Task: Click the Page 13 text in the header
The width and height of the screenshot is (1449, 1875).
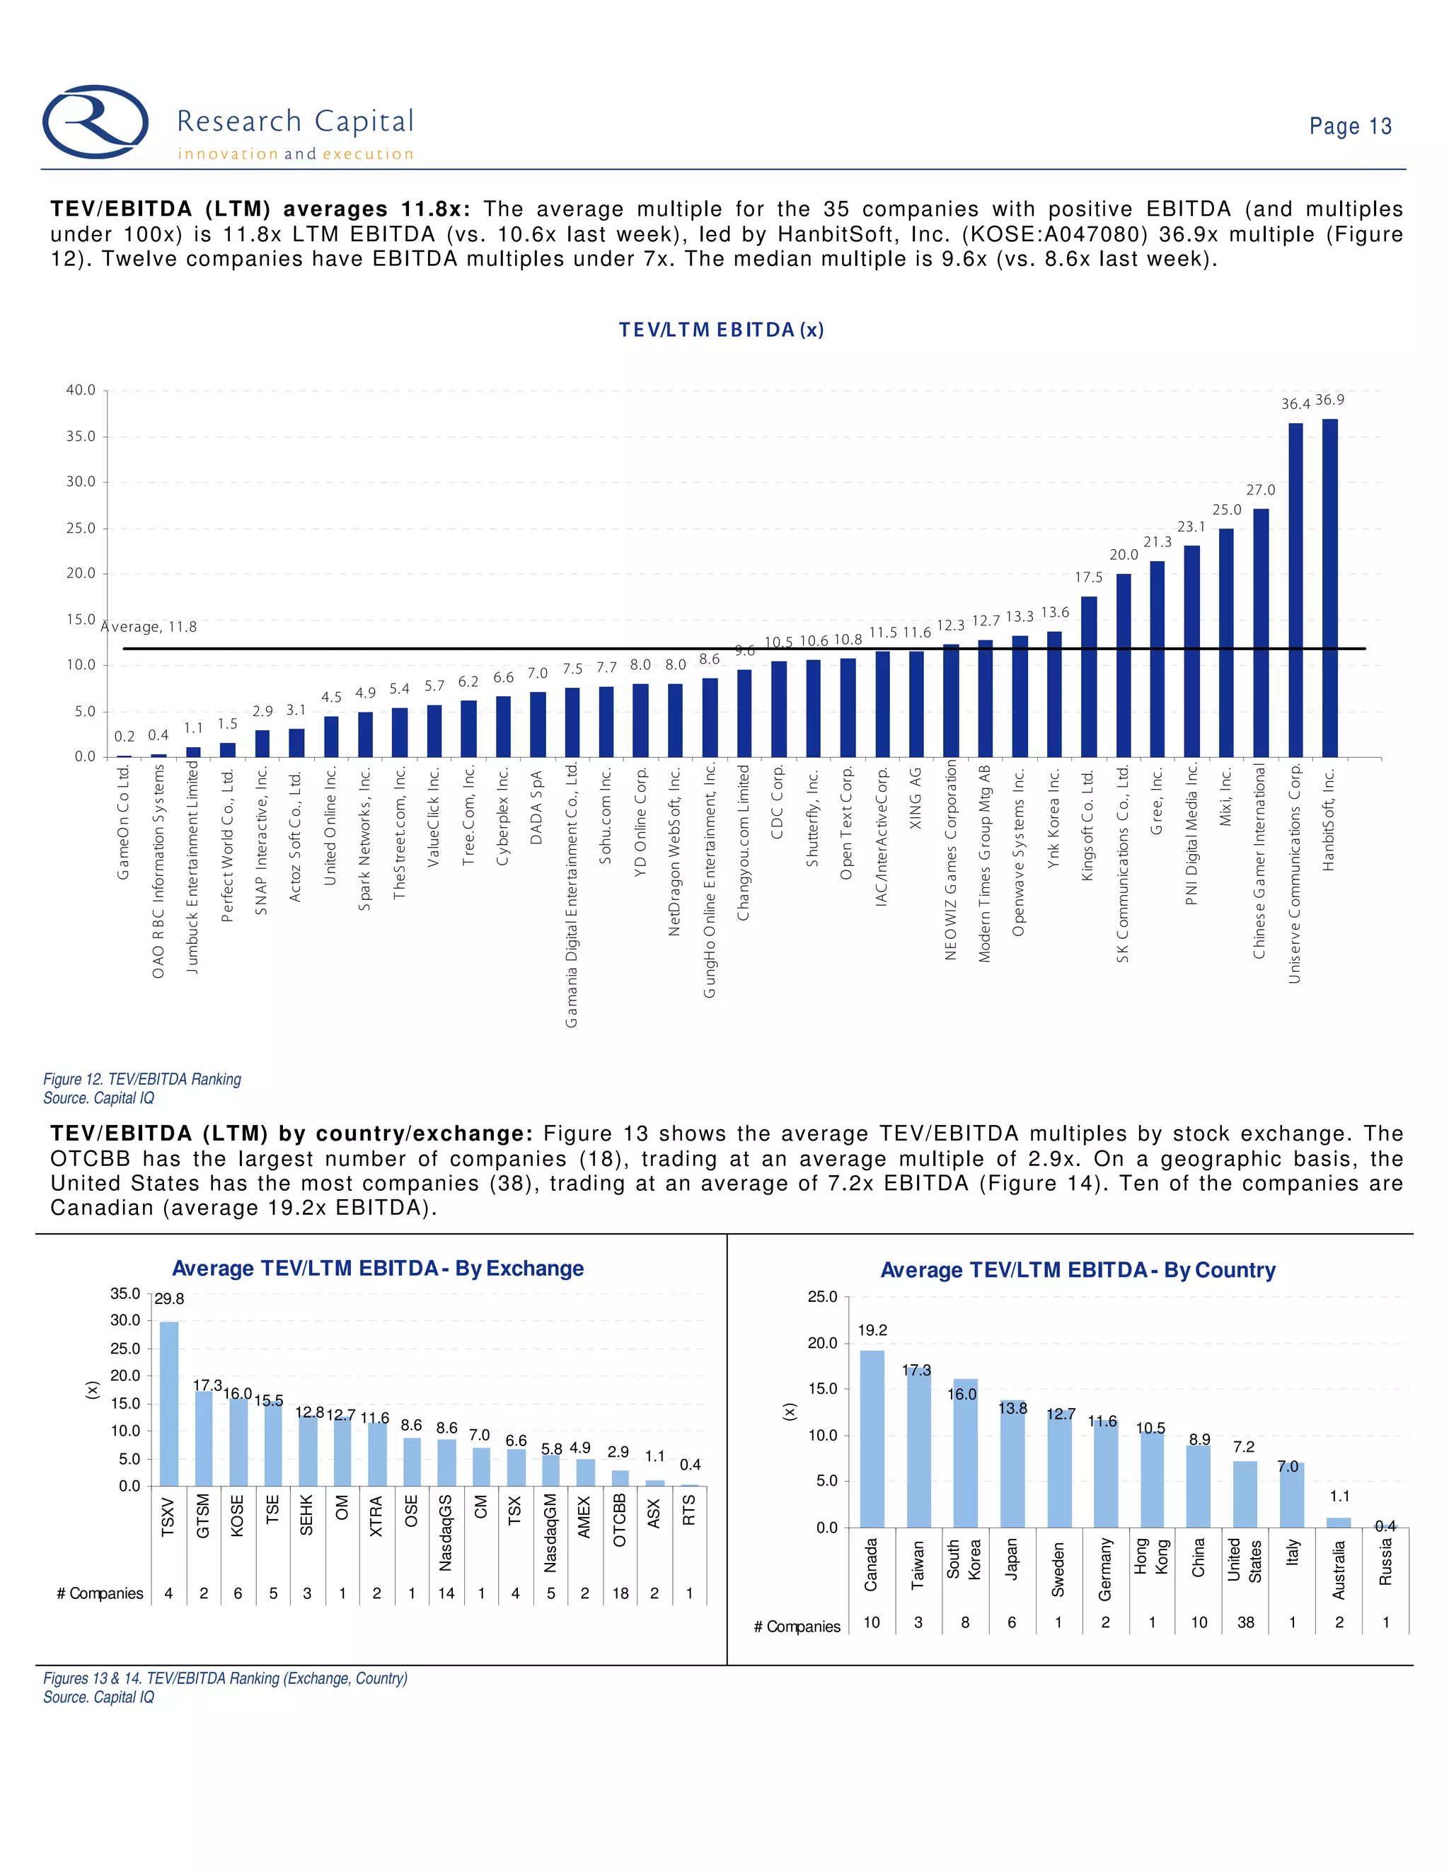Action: click(x=1349, y=126)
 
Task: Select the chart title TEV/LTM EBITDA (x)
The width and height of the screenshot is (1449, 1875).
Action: click(x=721, y=330)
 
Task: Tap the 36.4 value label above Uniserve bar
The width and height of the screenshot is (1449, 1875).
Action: click(x=1295, y=404)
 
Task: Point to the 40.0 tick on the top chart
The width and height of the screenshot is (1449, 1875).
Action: click(x=81, y=391)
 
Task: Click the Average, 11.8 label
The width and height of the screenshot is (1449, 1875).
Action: click(x=149, y=627)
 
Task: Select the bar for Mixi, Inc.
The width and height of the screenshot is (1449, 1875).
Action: click(x=1226, y=644)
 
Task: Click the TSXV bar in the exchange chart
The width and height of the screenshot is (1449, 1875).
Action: click(x=169, y=1404)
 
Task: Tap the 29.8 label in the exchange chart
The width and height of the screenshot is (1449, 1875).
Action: click(x=169, y=1299)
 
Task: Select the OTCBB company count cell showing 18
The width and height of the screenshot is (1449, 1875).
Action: click(x=620, y=1593)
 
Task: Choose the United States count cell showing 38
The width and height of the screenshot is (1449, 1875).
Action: click(x=1245, y=1622)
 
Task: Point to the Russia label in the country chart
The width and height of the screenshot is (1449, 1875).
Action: click(x=1385, y=1562)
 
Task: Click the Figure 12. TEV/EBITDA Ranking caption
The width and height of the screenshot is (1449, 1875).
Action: click(x=142, y=1079)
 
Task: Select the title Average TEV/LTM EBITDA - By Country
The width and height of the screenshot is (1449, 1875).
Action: click(x=1078, y=1271)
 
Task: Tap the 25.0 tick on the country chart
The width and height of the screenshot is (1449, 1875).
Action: click(x=821, y=1297)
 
